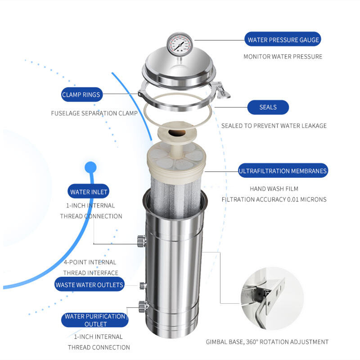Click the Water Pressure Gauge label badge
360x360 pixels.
pyautogui.click(x=283, y=39)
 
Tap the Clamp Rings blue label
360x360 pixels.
pyautogui.click(x=82, y=94)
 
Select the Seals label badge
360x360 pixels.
pyautogui.click(x=268, y=107)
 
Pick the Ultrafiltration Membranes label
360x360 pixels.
pyautogui.click(x=283, y=171)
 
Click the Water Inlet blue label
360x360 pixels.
pyautogui.click(x=88, y=191)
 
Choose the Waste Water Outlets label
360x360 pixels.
pyautogui.click(x=90, y=284)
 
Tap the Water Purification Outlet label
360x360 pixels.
pyautogui.click(x=95, y=320)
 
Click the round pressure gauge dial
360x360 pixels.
pyautogui.click(x=180, y=43)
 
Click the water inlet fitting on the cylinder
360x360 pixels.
pyautogui.click(x=142, y=241)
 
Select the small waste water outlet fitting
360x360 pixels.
pyautogui.click(x=143, y=286)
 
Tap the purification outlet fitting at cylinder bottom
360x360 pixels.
pyautogui.click(x=143, y=306)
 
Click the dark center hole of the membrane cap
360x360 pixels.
pyautogui.click(x=177, y=133)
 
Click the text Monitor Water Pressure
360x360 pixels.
pyautogui.click(x=283, y=57)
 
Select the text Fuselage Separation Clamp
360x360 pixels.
pyautogui.click(x=94, y=113)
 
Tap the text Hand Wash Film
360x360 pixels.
pyautogui.click(x=274, y=189)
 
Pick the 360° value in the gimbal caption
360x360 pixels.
pyautogui.click(x=252, y=342)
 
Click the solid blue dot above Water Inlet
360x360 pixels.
pyautogui.click(x=90, y=167)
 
